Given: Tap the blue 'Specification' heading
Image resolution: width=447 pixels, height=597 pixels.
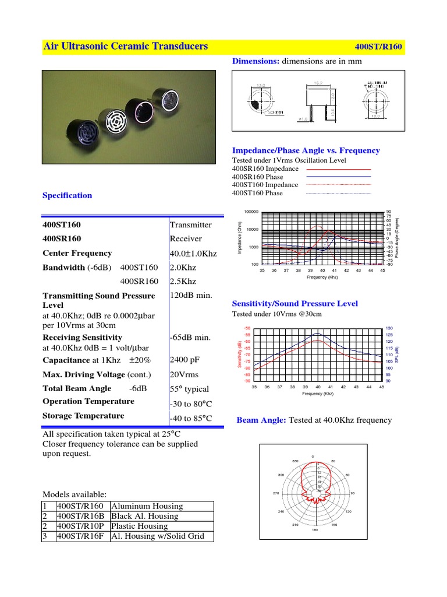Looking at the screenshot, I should click(68, 195).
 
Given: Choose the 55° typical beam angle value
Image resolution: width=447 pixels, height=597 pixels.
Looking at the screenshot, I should click(189, 389).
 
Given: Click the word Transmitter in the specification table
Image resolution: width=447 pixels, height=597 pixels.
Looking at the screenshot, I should click(191, 224).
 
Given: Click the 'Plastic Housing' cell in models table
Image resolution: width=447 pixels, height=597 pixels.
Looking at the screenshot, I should click(139, 526).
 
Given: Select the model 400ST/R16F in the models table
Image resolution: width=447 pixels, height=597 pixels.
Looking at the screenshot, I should click(80, 536).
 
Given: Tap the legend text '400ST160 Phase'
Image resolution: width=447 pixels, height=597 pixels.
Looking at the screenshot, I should click(257, 193).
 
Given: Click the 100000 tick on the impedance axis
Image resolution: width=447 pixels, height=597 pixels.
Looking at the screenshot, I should click(251, 212).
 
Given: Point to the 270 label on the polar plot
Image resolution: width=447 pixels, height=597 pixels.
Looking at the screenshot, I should click(277, 493).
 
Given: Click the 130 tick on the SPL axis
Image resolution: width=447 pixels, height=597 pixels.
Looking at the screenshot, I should click(389, 328).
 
